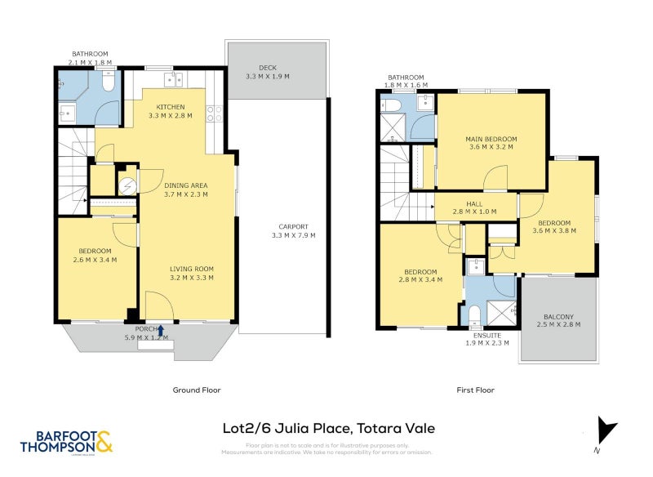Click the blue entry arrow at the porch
160,331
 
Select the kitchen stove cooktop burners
215,114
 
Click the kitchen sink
172,79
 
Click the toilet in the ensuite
474,314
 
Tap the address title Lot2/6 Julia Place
329,427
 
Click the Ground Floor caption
196,390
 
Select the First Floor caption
475,390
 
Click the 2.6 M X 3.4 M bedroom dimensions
95,260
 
